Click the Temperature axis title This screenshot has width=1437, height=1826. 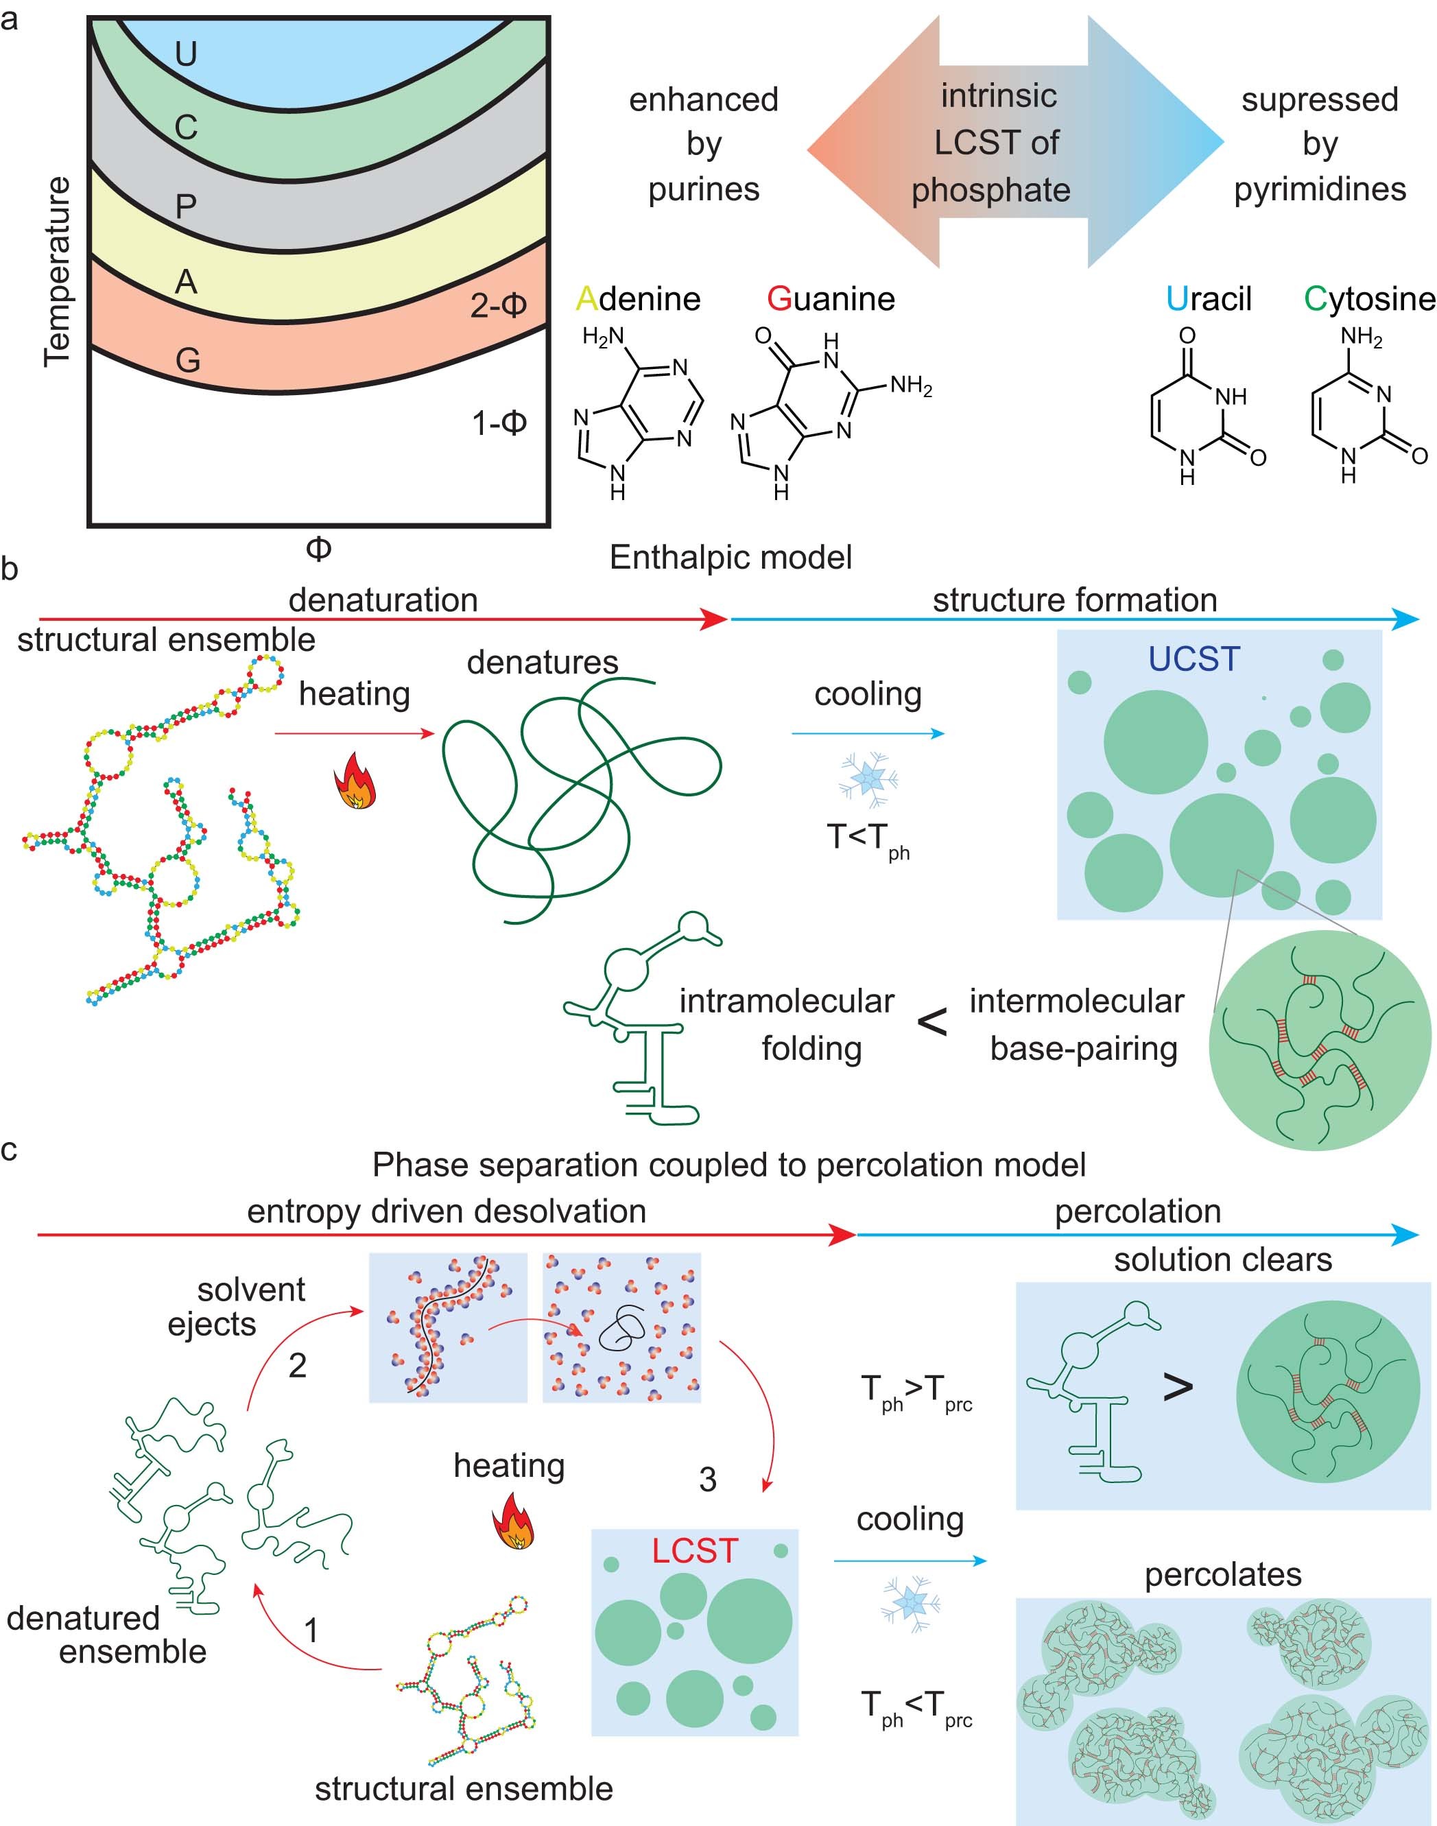57,271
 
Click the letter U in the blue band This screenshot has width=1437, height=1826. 186,55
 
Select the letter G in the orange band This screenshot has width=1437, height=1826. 188,360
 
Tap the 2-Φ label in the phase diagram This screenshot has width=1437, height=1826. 498,305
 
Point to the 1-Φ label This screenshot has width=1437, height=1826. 499,423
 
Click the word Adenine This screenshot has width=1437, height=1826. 638,298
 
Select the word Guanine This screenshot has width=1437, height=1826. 831,298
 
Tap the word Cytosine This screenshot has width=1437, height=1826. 1369,298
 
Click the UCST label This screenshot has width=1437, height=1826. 1194,659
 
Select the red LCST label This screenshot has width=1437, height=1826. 695,1550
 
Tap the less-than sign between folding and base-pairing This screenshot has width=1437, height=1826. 931,1022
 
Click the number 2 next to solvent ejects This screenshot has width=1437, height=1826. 297,1365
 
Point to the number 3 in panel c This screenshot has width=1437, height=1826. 708,1480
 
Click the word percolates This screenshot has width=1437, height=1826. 1222,1574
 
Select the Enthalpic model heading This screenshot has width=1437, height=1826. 731,557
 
